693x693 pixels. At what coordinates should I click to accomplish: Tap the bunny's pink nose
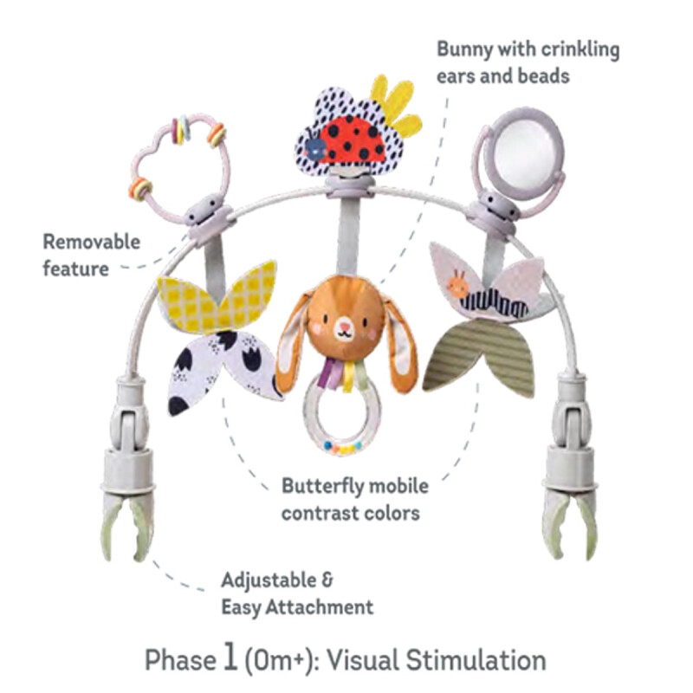tap(344, 328)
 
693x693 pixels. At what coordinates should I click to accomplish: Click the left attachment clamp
tap(126, 485)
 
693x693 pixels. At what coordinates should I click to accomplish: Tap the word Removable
tap(92, 241)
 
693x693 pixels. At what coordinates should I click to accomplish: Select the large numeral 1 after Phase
tap(229, 658)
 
